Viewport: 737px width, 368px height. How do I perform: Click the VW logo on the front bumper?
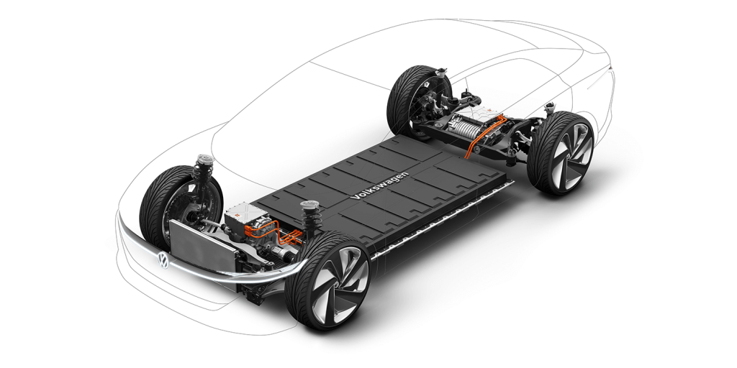pos(163,258)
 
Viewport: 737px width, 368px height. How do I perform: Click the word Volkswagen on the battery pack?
pos(379,185)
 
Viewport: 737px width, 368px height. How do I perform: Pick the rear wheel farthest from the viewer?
pos(415,101)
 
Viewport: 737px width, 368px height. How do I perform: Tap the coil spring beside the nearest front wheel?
pos(312,216)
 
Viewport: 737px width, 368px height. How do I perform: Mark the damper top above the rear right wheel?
pos(550,109)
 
